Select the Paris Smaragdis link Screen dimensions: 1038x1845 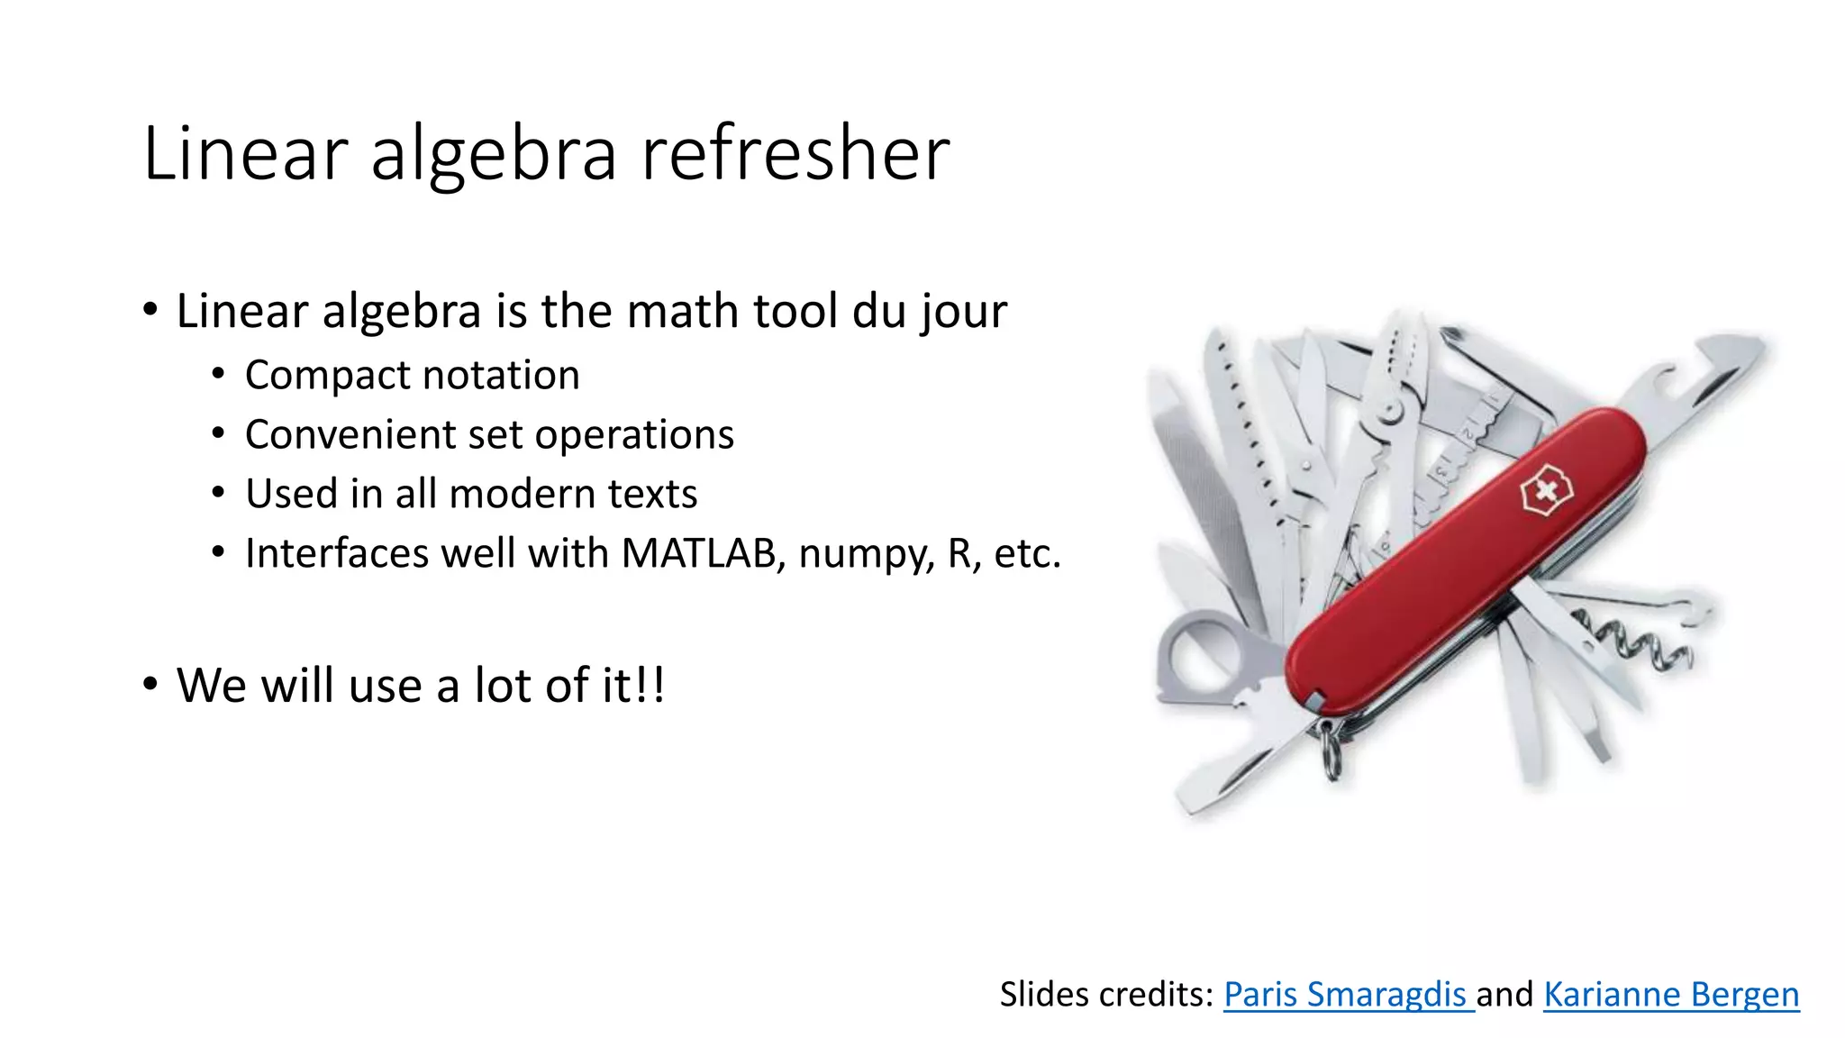[x=1347, y=994]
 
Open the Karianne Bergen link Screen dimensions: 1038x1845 [x=1671, y=994]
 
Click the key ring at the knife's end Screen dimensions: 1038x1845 [x=1331, y=752]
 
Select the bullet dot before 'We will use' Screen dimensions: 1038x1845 [x=150, y=684]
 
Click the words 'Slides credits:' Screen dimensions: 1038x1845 [x=1107, y=994]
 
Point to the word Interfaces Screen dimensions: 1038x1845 [x=337, y=553]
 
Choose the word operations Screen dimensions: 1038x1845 [x=634, y=435]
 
